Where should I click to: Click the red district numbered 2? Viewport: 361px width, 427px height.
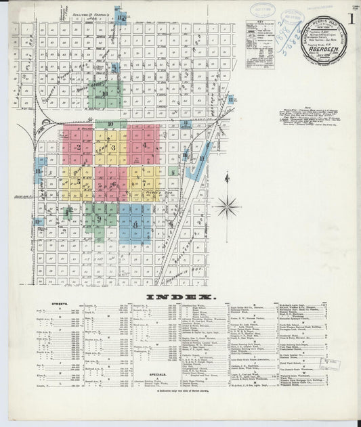click(79, 148)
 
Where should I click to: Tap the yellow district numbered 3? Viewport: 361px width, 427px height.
click(113, 148)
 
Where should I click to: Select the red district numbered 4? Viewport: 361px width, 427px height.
click(144, 145)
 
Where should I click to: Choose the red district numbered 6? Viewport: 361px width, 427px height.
click(112, 183)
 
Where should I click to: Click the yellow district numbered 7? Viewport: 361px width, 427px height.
click(144, 181)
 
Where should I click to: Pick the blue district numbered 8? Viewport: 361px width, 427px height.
click(136, 223)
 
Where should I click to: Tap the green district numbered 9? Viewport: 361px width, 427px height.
click(99, 219)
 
